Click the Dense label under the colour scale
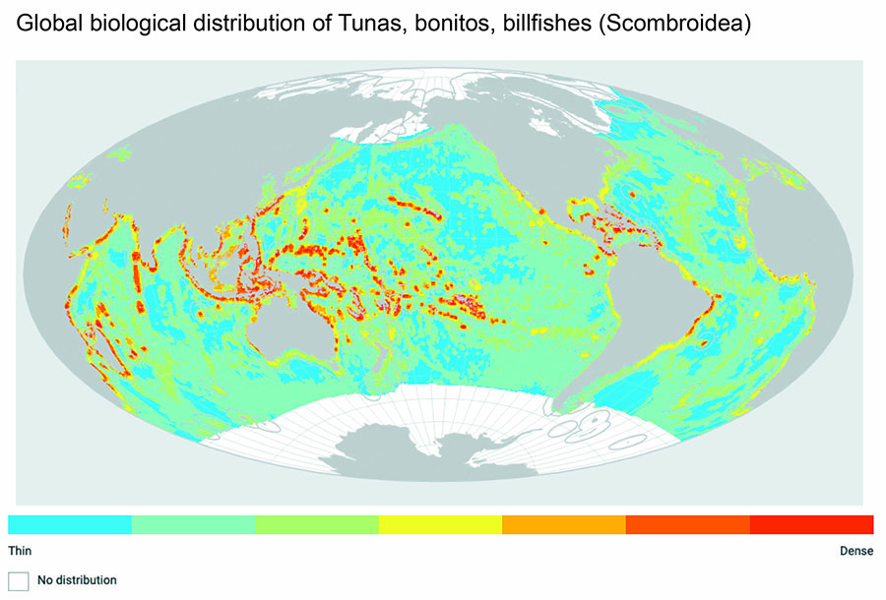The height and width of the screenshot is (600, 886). [855, 551]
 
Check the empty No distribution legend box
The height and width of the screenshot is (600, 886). [19, 580]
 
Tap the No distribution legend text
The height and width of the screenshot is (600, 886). [77, 580]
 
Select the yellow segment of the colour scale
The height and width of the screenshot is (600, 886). [440, 523]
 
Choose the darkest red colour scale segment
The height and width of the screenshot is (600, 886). [811, 523]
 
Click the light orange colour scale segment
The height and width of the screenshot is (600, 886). [563, 523]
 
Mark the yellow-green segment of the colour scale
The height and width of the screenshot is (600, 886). [316, 523]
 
